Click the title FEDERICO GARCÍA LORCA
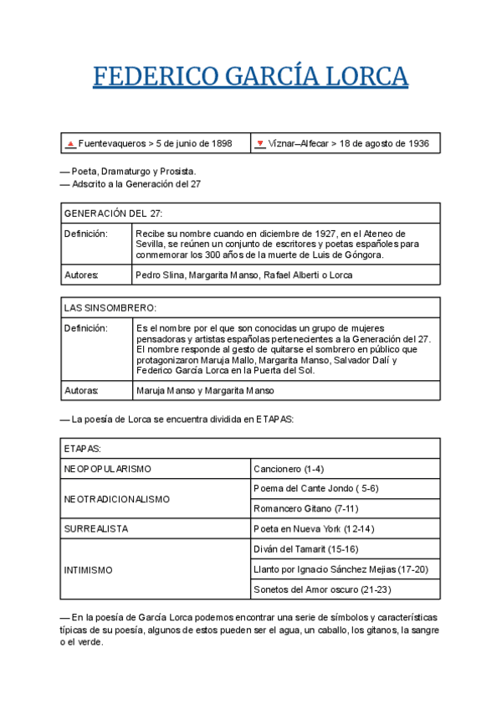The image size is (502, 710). pos(250,77)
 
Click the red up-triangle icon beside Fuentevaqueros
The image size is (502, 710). pos(71,144)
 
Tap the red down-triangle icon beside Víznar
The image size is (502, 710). pos(260,144)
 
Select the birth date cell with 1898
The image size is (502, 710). pos(156,143)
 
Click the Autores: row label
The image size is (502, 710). pos(81,275)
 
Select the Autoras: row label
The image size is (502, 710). pos(81,390)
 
